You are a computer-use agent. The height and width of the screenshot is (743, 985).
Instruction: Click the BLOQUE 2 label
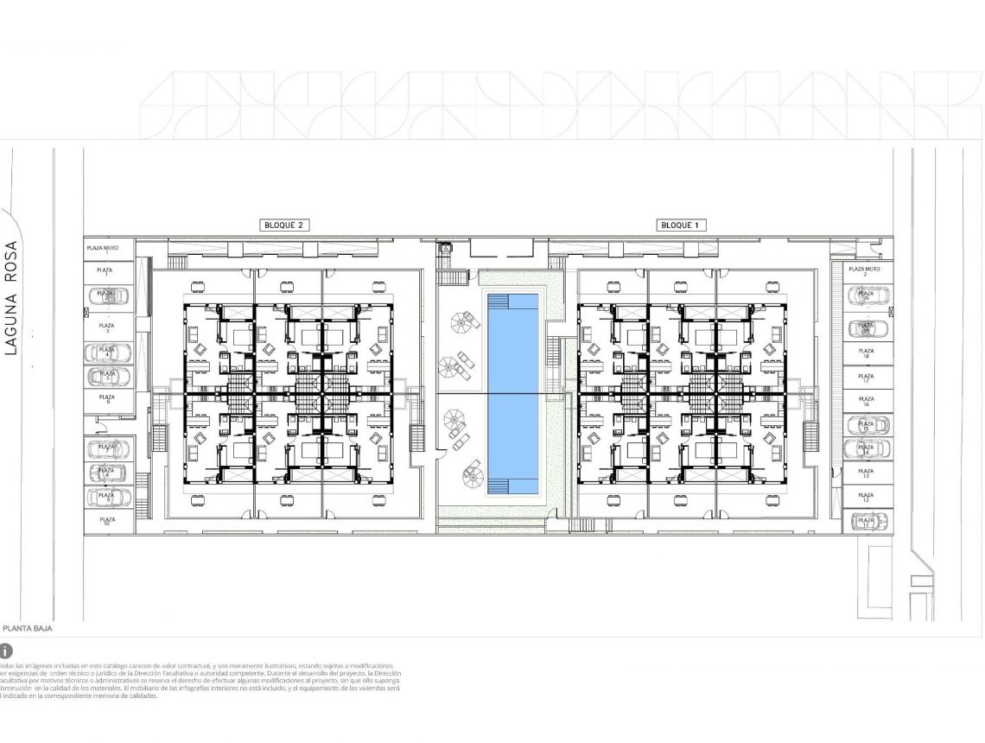click(x=284, y=225)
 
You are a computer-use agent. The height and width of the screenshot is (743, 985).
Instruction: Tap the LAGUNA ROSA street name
click(x=12, y=298)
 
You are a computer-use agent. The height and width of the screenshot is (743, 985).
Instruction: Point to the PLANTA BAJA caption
click(x=27, y=628)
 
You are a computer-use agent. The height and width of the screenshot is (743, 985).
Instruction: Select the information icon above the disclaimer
click(x=6, y=650)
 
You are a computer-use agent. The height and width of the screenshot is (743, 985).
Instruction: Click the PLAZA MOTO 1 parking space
click(x=109, y=249)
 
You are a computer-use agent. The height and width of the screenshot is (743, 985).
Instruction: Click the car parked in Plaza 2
click(x=109, y=296)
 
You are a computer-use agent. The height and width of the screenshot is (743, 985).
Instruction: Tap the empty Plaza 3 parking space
click(x=109, y=327)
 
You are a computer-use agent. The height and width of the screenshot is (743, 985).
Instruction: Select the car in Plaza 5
click(x=109, y=378)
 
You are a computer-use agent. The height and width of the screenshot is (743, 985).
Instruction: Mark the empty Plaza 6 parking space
click(x=109, y=401)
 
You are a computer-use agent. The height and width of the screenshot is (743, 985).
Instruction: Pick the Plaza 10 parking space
click(x=109, y=522)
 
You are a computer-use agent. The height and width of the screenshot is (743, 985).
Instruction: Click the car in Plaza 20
click(x=867, y=296)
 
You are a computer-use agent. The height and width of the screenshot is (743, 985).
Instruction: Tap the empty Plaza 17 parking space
click(x=867, y=378)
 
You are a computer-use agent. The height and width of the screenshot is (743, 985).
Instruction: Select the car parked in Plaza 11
click(x=867, y=522)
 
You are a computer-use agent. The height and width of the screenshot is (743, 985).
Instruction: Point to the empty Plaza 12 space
click(x=867, y=498)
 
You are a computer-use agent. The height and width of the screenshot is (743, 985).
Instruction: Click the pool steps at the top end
click(x=512, y=300)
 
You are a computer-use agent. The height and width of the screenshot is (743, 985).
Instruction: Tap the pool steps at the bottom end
click(x=512, y=487)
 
